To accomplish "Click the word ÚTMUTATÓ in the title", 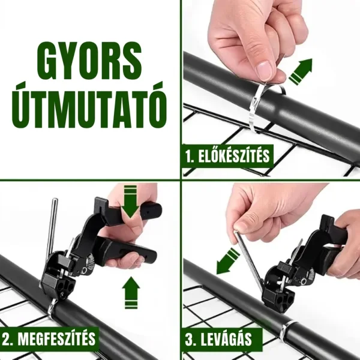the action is tap(89, 104).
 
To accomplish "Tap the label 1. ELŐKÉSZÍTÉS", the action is tap(227, 156).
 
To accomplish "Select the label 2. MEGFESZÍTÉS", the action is tap(49, 338).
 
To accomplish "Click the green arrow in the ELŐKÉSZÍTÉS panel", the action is tap(301, 71).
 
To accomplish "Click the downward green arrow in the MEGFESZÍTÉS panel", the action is tap(130, 202).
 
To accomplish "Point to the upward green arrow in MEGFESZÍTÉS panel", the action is tap(131, 293).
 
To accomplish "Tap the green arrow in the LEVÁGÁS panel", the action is tap(228, 260).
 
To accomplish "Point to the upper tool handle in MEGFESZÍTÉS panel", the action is tap(128, 211).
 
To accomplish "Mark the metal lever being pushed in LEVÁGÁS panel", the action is tap(249, 259).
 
